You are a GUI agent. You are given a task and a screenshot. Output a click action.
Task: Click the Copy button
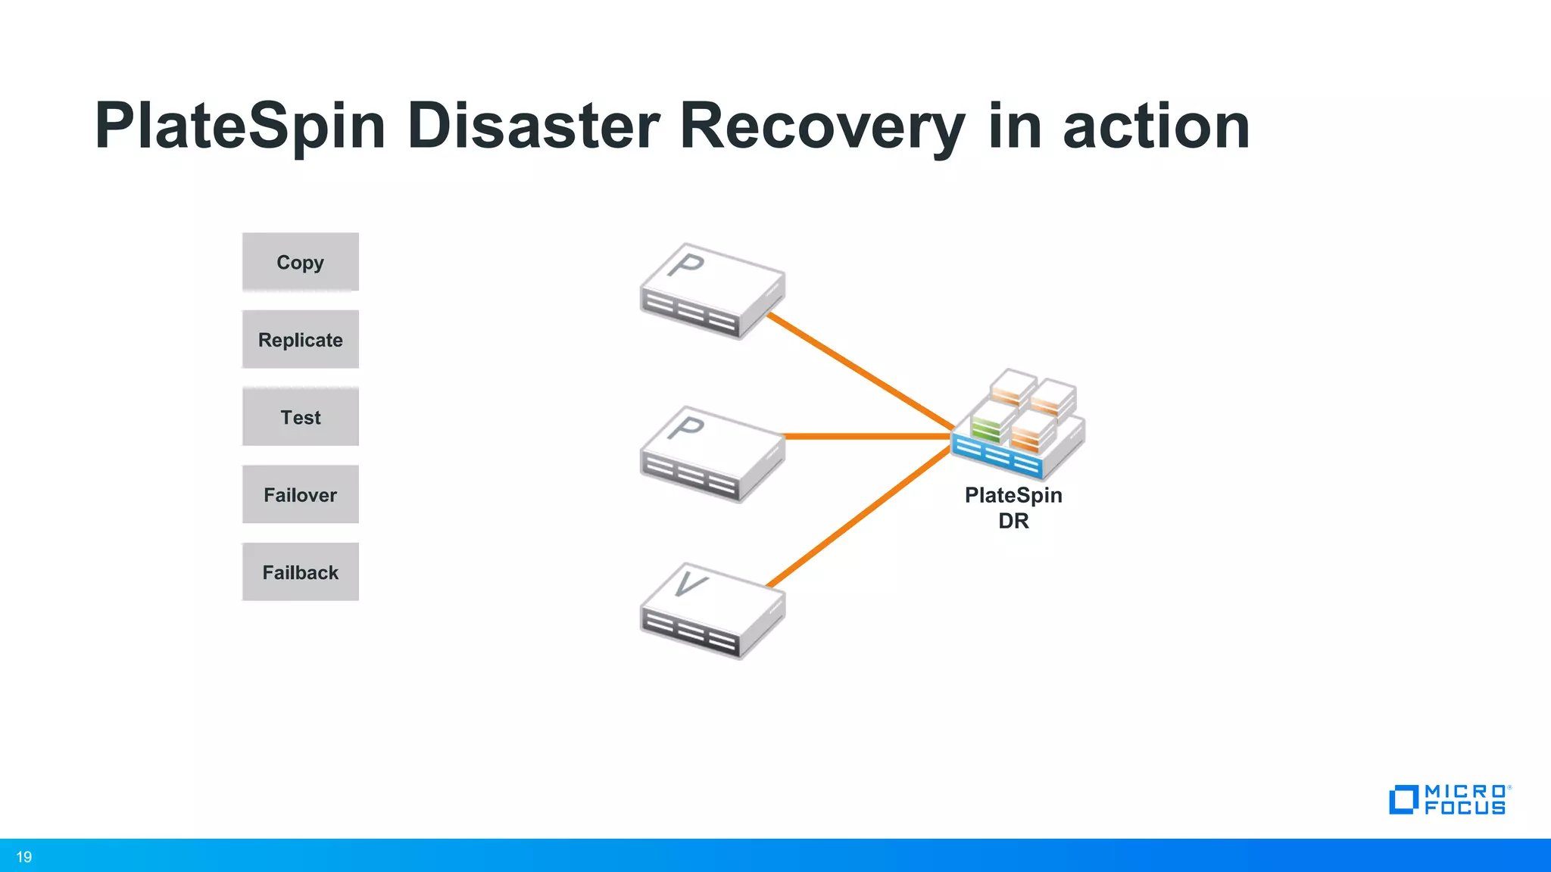[x=301, y=262]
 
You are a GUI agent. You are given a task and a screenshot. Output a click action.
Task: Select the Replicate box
[x=301, y=340]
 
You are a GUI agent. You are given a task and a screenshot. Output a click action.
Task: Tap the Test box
[x=301, y=417]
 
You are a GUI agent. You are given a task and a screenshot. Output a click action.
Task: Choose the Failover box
[x=301, y=495]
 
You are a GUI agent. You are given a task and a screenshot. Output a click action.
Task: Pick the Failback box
[x=301, y=572]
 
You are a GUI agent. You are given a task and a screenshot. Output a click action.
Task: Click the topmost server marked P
[x=712, y=291]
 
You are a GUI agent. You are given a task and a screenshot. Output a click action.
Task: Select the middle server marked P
[x=712, y=454]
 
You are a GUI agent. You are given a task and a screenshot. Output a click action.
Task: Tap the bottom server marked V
[x=712, y=611]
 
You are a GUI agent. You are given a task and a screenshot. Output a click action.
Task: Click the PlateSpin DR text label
[x=1013, y=507]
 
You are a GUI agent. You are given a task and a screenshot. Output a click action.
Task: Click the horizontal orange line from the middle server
[x=867, y=436]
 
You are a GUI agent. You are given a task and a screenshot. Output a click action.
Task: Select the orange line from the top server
[x=860, y=371]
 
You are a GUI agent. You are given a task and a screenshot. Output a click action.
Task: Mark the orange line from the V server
[x=860, y=517]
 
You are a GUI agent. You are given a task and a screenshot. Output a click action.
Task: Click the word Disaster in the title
[x=533, y=126]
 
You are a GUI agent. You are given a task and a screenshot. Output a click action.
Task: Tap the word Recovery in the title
[x=822, y=126]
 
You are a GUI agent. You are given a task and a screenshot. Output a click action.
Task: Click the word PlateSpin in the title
[x=240, y=126]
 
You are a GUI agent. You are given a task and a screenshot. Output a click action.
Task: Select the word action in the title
[x=1156, y=126]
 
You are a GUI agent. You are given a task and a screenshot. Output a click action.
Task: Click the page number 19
[x=24, y=857]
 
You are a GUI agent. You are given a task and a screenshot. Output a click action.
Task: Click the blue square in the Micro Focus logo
[x=1403, y=800]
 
